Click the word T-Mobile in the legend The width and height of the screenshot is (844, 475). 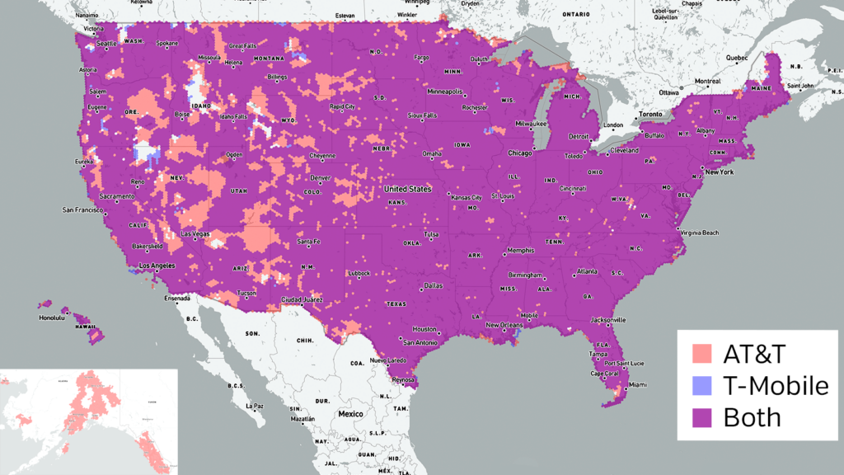775,386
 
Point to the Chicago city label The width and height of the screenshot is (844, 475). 519,153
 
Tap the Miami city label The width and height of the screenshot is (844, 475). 636,384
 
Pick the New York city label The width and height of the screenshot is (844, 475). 718,172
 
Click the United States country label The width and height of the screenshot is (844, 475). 407,189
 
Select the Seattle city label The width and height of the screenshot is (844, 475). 107,44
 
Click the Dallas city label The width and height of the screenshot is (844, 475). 432,285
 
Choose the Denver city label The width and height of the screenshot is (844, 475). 321,177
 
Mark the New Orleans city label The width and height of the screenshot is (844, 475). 504,325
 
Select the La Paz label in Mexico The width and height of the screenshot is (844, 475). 254,406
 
